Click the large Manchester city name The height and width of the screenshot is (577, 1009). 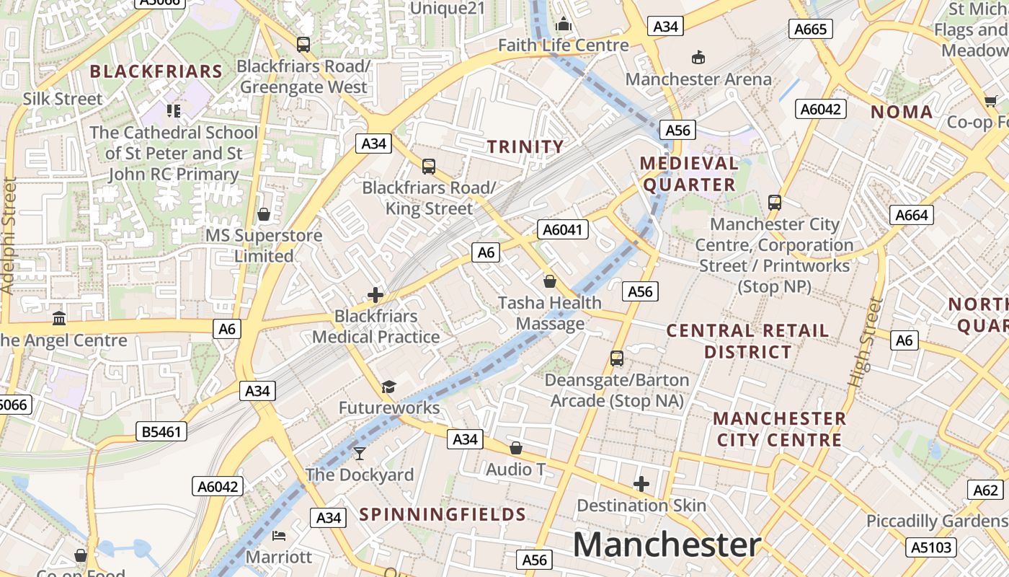click(667, 545)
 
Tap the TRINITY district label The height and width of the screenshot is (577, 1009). click(525, 147)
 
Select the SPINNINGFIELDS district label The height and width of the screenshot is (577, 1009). click(443, 514)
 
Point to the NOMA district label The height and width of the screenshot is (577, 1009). click(902, 112)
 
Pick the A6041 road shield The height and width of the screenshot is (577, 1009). click(563, 230)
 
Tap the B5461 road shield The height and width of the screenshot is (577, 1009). click(161, 432)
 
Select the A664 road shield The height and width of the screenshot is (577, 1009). click(912, 215)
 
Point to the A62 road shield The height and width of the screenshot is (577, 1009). click(984, 490)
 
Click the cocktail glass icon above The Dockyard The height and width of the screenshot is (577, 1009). click(360, 453)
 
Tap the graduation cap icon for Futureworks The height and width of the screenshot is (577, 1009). click(389, 387)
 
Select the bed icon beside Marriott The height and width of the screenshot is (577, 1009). click(280, 536)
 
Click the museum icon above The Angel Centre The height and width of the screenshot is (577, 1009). click(59, 318)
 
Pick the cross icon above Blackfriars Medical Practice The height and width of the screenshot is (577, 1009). click(375, 295)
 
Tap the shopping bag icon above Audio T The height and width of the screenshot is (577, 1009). click(515, 448)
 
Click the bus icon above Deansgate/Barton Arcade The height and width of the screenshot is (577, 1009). click(616, 358)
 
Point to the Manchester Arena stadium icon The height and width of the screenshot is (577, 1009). click(698, 57)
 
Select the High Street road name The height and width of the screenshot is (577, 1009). click(866, 342)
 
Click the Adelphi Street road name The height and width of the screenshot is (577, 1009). click(9, 235)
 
